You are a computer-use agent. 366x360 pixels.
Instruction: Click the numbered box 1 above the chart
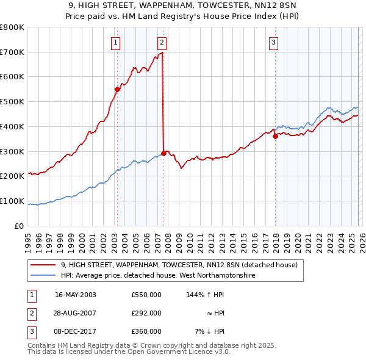[x=116, y=42]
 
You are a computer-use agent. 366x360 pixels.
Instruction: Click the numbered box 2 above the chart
[x=162, y=42]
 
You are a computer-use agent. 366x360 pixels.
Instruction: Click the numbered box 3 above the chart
[x=274, y=42]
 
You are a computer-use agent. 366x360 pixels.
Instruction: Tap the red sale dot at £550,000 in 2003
[x=118, y=88]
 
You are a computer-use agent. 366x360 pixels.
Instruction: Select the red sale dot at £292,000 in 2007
[x=163, y=153]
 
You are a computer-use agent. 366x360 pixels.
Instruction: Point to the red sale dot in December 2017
[x=275, y=136]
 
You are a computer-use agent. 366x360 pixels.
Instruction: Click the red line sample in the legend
[x=43, y=265]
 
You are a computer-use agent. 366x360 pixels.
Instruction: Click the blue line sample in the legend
[x=43, y=276]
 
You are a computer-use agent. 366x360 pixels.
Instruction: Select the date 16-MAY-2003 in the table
[x=75, y=295]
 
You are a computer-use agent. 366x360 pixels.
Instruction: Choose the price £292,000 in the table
[x=146, y=313]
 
